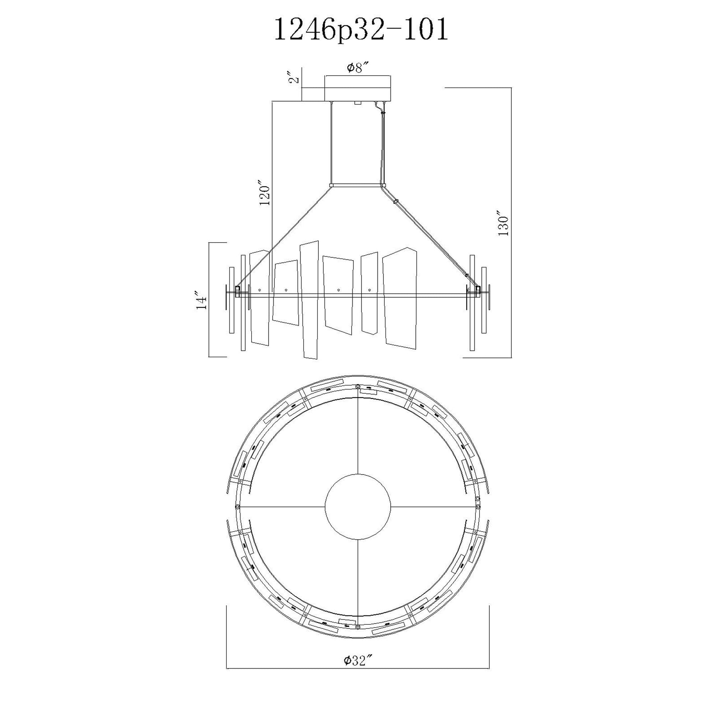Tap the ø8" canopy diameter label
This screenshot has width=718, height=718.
[x=358, y=68]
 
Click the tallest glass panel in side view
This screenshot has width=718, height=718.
[x=310, y=300]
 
